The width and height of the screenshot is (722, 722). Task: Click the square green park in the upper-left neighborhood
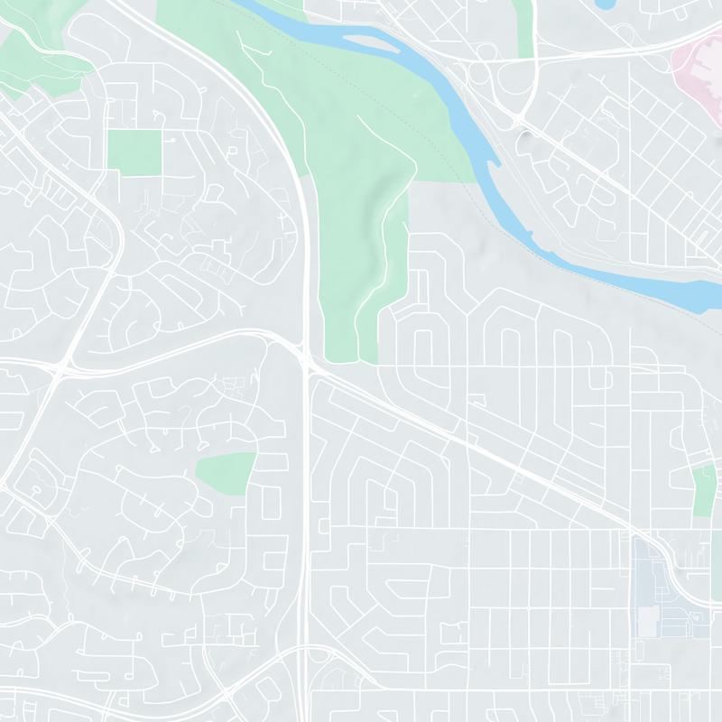(x=134, y=152)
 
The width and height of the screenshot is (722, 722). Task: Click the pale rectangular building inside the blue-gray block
(x=648, y=620)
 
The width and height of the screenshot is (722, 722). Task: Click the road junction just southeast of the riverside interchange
(x=522, y=122)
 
